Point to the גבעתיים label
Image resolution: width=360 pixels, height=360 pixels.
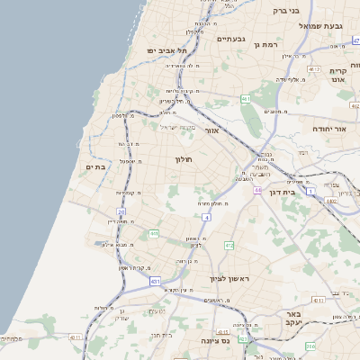[x=231, y=39]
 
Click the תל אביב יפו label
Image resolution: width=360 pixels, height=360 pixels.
[x=158, y=50]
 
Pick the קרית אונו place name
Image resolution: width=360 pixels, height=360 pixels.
[x=339, y=76]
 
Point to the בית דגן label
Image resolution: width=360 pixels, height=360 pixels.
[x=283, y=192]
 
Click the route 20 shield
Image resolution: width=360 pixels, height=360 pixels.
[x=121, y=211]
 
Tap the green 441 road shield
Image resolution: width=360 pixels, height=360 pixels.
[x=154, y=234]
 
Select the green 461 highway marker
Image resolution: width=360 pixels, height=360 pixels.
[x=245, y=99]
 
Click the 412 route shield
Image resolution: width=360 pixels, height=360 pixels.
[x=229, y=245]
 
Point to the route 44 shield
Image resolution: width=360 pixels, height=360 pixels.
[x=257, y=191]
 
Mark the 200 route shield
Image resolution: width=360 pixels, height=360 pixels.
[x=310, y=346]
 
